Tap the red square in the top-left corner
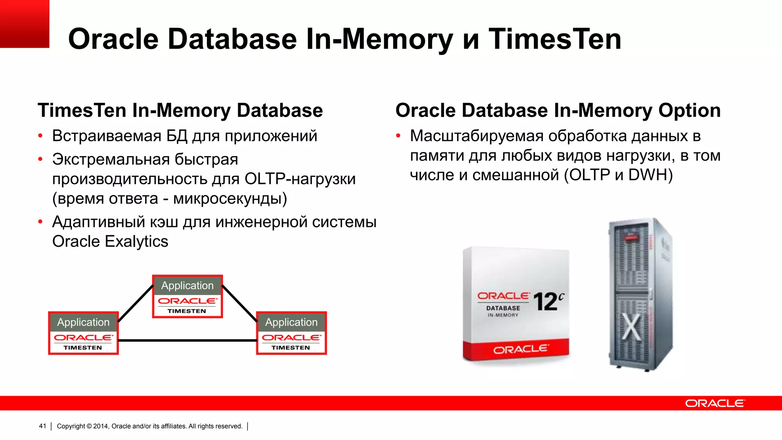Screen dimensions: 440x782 [24, 24]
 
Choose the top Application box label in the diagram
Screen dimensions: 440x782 [187, 285]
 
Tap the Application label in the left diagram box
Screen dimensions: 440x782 [83, 322]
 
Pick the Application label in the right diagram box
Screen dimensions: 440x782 [291, 322]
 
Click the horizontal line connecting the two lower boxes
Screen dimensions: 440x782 [187, 340]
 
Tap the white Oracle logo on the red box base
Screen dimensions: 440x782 [520, 349]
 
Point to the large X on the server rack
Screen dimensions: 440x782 [632, 327]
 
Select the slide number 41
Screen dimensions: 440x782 [42, 426]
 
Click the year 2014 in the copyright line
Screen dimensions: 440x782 [101, 426]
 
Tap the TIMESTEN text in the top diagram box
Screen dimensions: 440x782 [187, 311]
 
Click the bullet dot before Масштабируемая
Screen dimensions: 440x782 [398, 136]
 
